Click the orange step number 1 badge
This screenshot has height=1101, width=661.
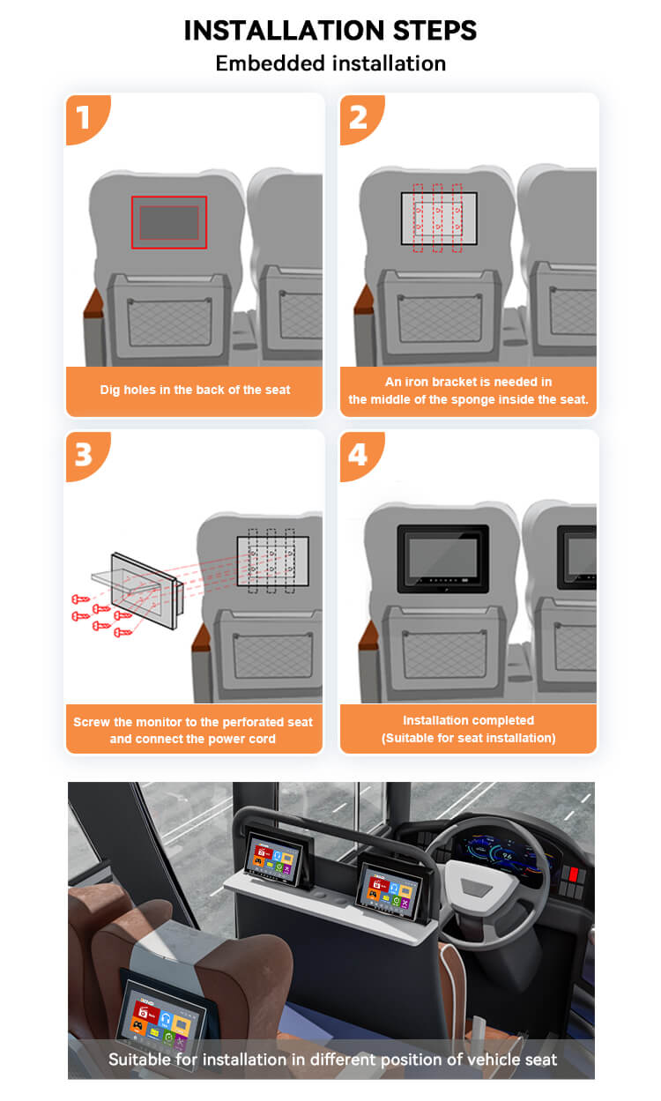[86, 118]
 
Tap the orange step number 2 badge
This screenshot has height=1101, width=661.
[360, 118]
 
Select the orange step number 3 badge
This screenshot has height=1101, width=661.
[86, 455]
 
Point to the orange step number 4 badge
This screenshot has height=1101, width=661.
[360, 455]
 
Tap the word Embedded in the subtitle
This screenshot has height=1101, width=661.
[271, 63]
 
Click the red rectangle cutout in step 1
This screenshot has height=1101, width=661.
[169, 223]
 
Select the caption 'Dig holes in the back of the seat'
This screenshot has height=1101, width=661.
[195, 390]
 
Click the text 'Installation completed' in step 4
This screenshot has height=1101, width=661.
[468, 720]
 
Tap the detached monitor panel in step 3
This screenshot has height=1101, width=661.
[145, 591]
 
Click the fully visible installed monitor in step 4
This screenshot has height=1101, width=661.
[442, 558]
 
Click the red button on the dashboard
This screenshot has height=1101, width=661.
[574, 874]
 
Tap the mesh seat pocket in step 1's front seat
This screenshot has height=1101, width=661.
[169, 322]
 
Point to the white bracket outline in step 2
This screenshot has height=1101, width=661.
[439, 219]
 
